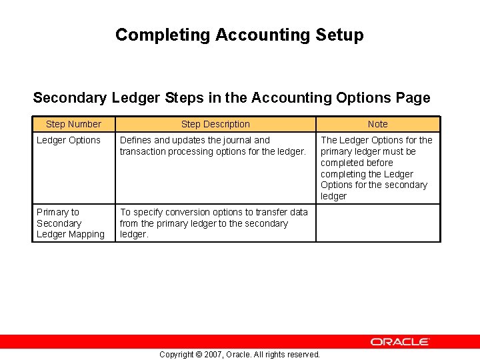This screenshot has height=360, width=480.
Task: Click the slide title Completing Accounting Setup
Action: coord(239,35)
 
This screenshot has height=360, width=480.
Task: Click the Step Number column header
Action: coord(73,124)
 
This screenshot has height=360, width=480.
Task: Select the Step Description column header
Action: coord(215,124)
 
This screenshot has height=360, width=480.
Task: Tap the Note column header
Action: coord(377,124)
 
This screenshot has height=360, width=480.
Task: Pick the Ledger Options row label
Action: coord(69,140)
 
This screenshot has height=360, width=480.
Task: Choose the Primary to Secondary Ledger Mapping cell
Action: coord(71,223)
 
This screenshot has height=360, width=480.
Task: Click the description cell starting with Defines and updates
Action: coord(213,146)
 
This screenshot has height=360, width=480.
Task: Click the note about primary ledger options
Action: coord(377,168)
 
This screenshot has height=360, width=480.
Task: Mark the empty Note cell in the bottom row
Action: coord(377,223)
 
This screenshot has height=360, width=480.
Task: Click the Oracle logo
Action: coord(400,341)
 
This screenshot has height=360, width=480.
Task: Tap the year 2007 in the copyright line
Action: coord(212,354)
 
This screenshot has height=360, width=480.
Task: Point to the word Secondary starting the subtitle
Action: coord(69,98)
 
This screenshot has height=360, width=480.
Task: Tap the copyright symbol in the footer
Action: coord(198,354)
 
